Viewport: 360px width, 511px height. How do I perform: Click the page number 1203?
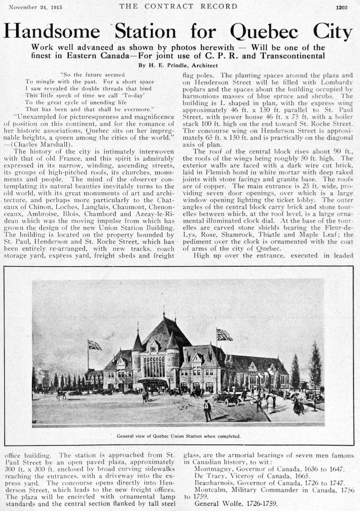(x=342, y=7)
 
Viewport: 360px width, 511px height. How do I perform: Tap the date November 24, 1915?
(x=36, y=7)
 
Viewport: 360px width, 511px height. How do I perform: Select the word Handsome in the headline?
(x=52, y=31)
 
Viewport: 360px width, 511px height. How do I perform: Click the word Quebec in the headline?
(x=264, y=31)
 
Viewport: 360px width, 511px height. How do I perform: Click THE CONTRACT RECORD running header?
(x=178, y=7)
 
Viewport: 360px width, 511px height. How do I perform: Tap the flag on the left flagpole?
(x=95, y=345)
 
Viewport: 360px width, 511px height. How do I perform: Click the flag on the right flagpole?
(x=225, y=335)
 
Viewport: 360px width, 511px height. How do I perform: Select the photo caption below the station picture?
(x=179, y=436)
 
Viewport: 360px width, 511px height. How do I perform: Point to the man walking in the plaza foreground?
(x=207, y=410)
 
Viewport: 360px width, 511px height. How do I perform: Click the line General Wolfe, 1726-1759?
(x=236, y=503)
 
